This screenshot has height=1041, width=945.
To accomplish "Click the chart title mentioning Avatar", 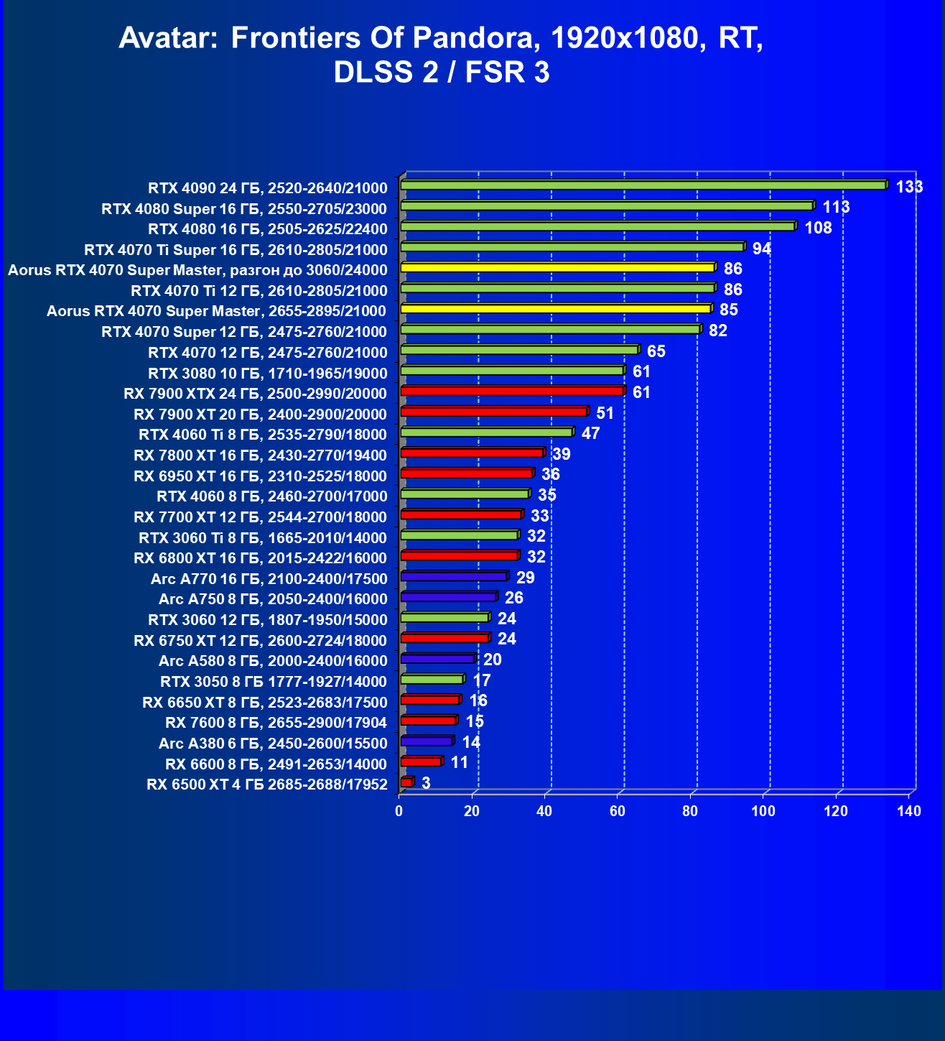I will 441,55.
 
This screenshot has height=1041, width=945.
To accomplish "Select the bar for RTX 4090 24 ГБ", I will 643,185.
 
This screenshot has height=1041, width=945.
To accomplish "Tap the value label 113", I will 836,208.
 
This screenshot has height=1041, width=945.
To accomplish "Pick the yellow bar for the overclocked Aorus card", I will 557,267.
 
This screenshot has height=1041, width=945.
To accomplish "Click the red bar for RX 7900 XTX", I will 512,391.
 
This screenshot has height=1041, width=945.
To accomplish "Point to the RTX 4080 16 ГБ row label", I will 267,229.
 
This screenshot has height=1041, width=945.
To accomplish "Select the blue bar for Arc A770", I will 454,576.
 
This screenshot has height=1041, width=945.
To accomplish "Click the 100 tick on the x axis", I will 763,812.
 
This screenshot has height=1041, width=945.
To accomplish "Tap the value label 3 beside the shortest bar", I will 426,783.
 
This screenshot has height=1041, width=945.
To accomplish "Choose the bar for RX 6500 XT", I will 406,782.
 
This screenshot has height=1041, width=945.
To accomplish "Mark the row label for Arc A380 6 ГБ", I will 273,744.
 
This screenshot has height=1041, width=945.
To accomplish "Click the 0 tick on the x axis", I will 399,812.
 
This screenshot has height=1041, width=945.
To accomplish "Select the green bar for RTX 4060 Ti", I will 486,432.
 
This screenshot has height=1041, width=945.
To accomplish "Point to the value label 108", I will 818,228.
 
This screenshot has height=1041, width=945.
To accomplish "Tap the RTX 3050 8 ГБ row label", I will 274,682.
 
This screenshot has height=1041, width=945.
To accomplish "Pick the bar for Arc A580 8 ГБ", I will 437,659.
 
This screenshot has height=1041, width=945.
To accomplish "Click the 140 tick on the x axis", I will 909,812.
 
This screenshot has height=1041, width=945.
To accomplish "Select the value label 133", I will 909,188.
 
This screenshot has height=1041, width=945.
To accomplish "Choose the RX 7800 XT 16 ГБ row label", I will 260,455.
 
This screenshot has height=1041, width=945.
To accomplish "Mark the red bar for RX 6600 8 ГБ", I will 421,762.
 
